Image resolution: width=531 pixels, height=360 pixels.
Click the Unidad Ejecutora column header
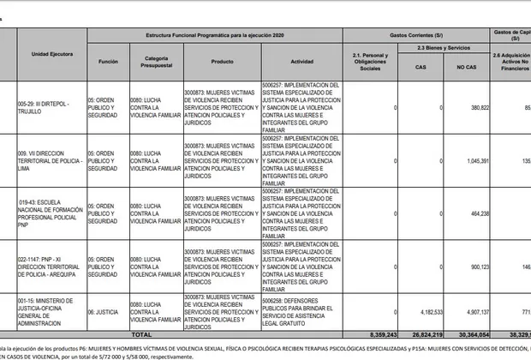pos(51,53)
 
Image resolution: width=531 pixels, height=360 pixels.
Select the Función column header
pos(108,62)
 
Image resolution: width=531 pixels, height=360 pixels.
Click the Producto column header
pos(222,62)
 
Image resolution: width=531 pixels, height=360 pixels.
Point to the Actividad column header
pos(301,62)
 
